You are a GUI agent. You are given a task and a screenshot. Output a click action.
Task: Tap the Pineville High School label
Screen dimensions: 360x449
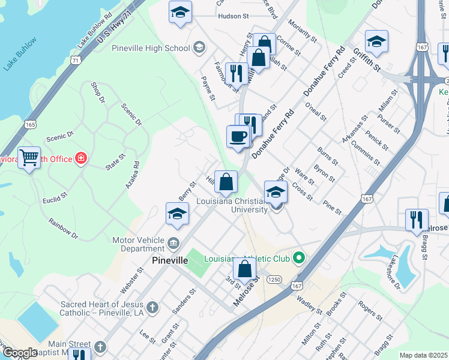point(151,48)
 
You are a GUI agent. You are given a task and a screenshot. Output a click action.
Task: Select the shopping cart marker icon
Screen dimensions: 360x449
point(29,158)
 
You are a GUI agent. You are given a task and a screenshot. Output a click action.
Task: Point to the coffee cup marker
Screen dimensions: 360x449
point(238,136)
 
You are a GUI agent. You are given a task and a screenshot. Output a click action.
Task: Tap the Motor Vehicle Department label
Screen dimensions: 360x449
point(139,244)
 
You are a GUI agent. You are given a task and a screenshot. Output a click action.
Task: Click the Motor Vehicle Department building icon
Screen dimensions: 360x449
point(173,244)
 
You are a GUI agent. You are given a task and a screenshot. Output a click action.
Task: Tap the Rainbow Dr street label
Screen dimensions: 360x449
point(65,228)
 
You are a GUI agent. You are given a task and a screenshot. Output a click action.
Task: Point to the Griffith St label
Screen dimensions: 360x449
point(366,59)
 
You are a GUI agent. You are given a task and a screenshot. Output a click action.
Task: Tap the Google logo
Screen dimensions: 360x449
point(19,353)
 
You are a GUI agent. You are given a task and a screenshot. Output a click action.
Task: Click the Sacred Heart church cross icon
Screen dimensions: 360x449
point(152,308)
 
